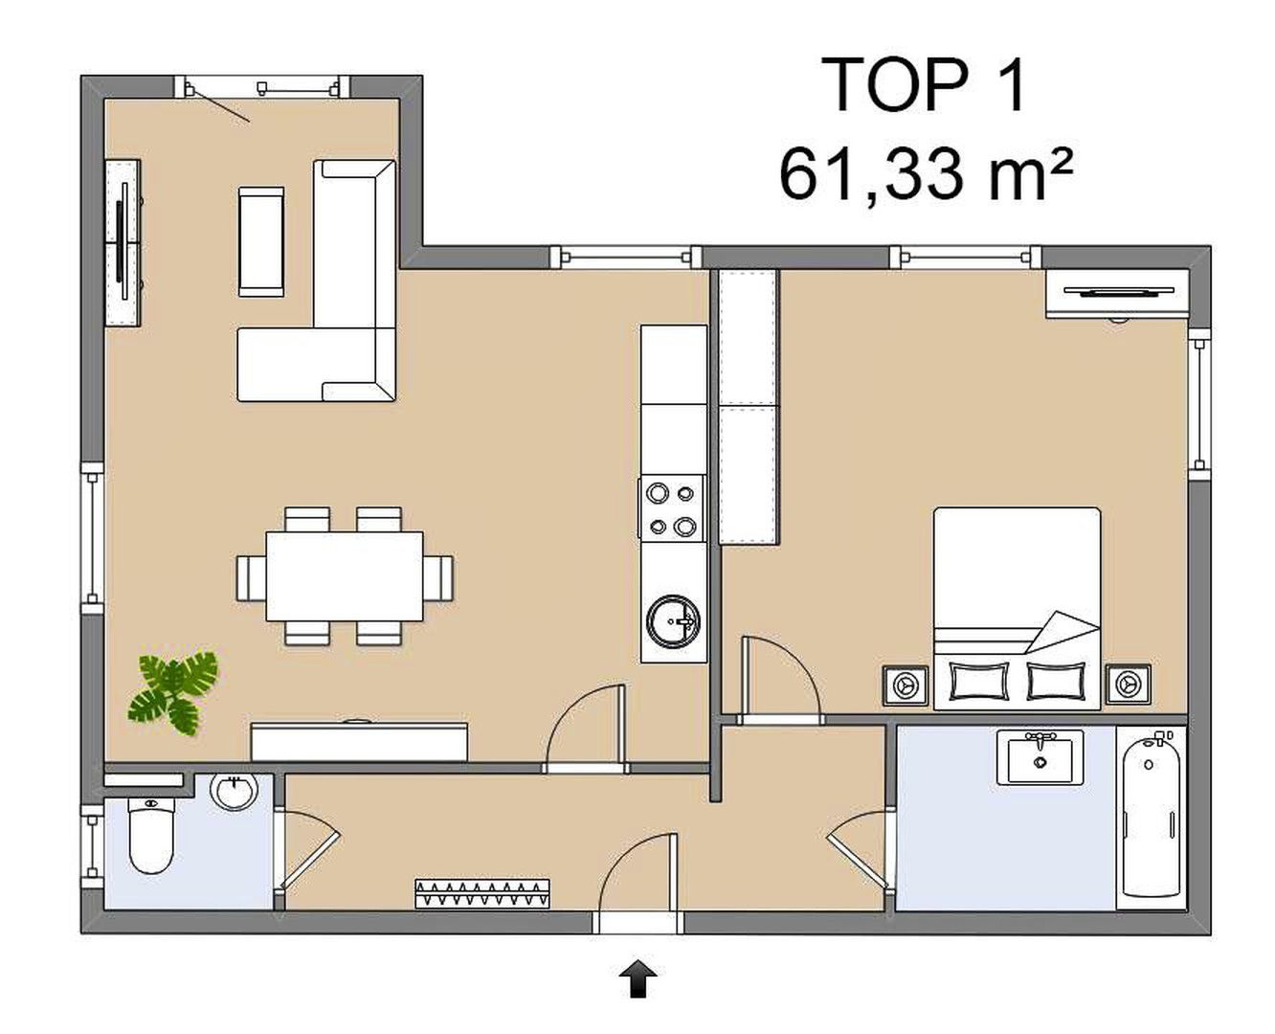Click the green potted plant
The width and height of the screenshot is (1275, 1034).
point(173,693)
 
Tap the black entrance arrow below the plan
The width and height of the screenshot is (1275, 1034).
point(638,978)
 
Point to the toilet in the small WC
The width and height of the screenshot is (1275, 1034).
point(151,835)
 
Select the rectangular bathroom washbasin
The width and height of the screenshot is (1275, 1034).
point(1040,757)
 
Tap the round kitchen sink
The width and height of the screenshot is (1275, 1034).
point(673,622)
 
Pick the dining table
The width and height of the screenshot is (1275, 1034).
point(345,576)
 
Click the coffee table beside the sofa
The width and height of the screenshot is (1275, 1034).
point(261,241)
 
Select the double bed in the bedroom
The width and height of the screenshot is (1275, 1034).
point(1017,608)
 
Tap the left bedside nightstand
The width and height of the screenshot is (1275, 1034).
point(906,685)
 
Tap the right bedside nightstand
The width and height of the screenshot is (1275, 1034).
point(1129,684)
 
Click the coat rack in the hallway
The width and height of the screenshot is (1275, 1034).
point(482,894)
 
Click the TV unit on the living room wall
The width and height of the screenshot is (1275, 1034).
point(123,242)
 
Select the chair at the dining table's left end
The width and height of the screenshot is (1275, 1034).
point(252,577)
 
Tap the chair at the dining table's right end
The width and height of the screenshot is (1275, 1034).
point(438,577)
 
